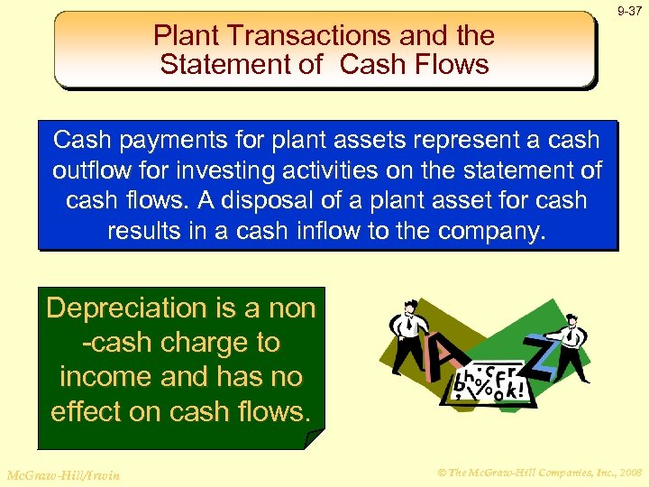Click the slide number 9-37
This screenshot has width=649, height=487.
629,11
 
